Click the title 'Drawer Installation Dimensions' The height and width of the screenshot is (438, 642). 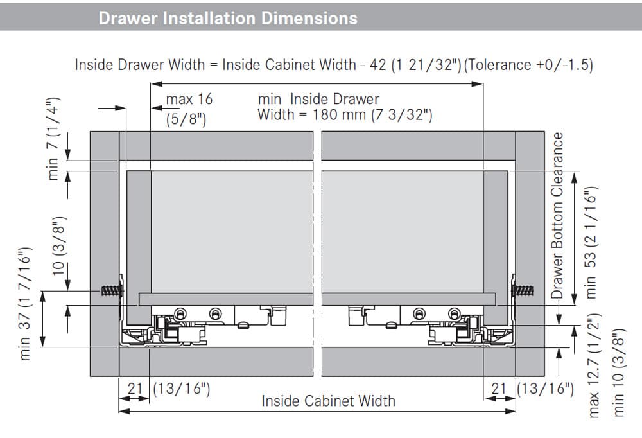pos(228,19)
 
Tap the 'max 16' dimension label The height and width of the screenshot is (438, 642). pos(189,99)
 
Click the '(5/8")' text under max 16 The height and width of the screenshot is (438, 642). pos(186,119)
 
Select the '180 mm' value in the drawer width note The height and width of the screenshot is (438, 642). pos(340,115)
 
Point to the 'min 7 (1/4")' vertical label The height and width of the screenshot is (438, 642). pos(54,139)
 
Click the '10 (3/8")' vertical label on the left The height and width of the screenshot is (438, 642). pos(59,245)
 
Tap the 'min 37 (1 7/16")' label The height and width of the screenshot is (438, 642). pos(25,304)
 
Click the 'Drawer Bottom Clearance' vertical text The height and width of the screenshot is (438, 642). pos(557,216)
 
